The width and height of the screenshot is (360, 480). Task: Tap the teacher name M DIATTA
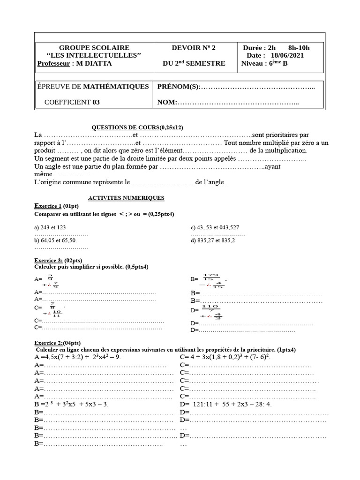pos(94,63)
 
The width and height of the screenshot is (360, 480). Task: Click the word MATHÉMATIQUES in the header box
pos(116,86)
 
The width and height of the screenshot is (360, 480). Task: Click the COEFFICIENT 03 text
pos(72,102)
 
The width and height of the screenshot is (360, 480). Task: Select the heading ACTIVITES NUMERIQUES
pos(126,198)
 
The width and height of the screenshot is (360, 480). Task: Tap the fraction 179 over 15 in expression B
pos(211,277)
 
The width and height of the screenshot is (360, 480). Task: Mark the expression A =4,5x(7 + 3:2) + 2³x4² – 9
pos(78,357)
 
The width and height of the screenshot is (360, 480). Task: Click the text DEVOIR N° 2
pos(194,47)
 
